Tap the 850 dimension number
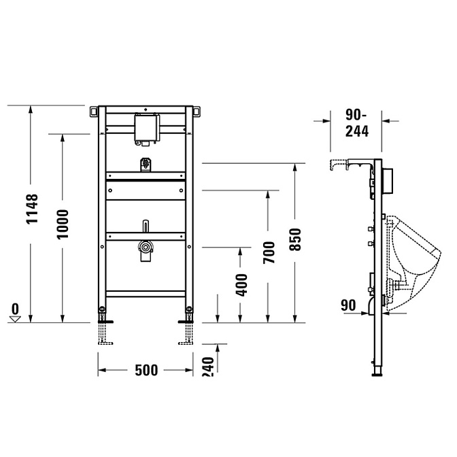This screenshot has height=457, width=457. click(x=295, y=239)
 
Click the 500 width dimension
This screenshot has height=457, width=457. click(x=146, y=371)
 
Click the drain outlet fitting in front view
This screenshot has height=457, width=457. click(x=144, y=250)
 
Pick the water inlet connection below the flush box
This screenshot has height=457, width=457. click(x=144, y=166)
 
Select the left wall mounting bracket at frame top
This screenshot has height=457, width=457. click(x=92, y=110)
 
